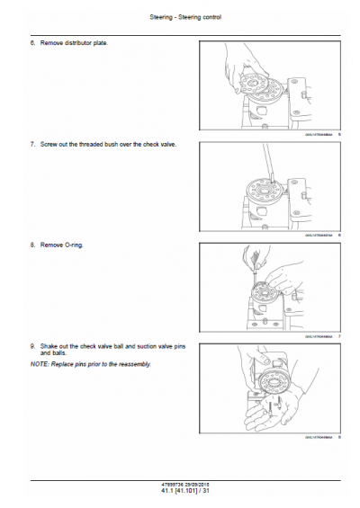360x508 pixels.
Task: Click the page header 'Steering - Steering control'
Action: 181,17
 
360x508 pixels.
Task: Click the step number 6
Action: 33,43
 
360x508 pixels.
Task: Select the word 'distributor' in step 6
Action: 77,43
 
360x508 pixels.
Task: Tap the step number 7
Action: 33,144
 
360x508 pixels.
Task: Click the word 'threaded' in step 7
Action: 93,144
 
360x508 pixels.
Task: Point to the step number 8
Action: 33,245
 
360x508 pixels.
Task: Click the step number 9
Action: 33,345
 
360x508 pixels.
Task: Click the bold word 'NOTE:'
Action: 40,364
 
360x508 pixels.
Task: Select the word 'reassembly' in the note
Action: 131,364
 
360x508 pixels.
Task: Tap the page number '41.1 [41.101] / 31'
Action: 181,490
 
